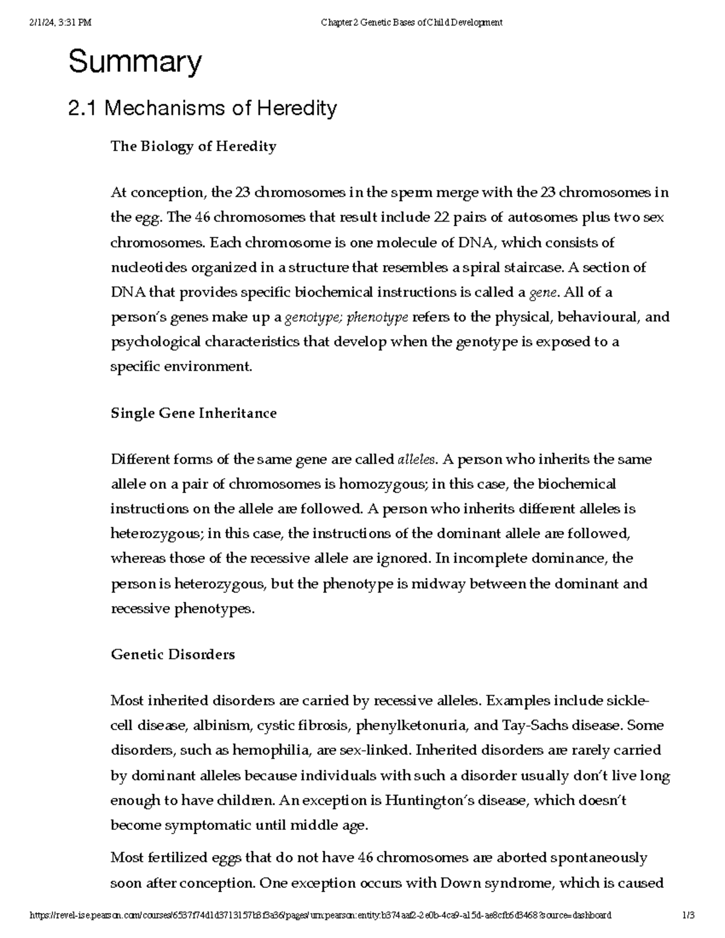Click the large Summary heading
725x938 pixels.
135,62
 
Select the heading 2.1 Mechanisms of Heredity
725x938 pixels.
202,109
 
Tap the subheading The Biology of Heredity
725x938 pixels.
193,147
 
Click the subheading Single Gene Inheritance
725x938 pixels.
193,414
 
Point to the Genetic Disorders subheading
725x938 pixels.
173,655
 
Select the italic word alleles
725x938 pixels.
416,460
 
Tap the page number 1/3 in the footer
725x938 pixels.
688,915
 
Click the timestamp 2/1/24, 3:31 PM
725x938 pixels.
60,23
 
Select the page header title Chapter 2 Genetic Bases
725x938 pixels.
411,23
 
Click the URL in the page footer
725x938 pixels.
320,915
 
